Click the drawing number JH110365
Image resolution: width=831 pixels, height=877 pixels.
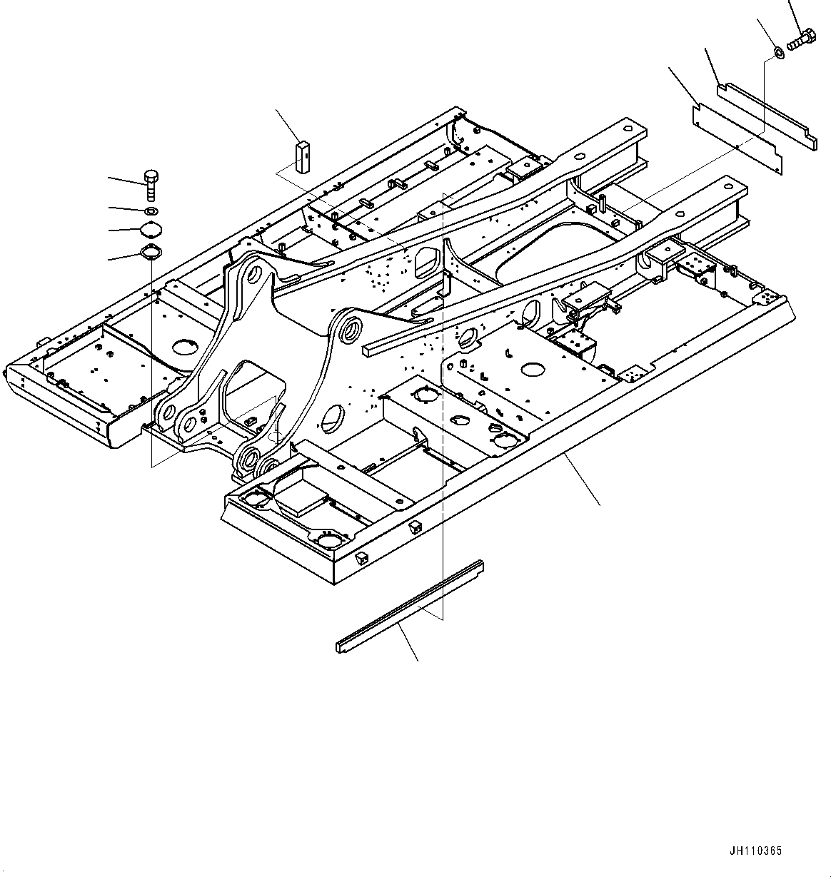(755, 851)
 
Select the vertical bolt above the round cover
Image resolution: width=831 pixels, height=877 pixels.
(151, 185)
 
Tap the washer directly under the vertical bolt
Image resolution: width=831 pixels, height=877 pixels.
(151, 211)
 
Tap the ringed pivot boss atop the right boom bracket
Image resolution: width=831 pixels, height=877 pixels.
(350, 329)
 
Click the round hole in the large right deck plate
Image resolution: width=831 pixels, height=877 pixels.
(533, 370)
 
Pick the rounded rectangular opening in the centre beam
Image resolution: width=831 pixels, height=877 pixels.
(425, 261)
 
